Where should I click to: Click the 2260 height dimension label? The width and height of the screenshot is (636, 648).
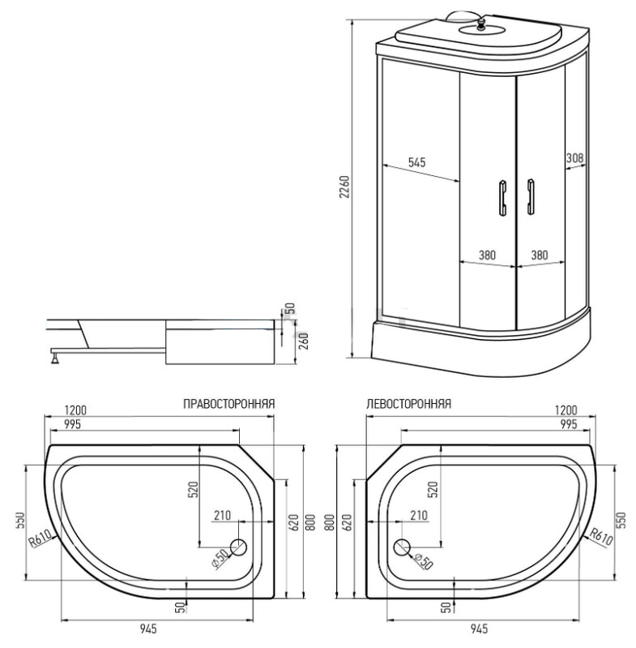(x=344, y=187)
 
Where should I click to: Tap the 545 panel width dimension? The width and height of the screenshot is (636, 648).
(x=417, y=162)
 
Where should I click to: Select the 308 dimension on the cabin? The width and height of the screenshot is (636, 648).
(x=574, y=157)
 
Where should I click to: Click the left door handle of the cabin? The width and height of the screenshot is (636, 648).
(x=502, y=198)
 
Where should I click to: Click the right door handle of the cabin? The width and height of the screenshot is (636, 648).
(x=531, y=197)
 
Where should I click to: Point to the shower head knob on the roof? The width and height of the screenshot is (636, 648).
(x=480, y=23)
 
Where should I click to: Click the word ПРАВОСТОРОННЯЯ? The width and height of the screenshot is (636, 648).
(x=229, y=403)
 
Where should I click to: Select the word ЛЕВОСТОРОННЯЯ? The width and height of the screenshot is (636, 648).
(x=408, y=403)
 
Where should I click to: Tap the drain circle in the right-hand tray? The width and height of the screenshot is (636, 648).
(x=238, y=547)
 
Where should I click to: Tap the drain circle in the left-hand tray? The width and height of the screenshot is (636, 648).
(x=403, y=547)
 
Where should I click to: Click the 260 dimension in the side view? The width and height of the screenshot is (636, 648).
(x=304, y=341)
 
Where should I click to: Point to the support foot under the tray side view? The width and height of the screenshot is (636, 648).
(x=55, y=356)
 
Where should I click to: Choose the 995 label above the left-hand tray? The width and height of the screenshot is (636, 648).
(x=569, y=424)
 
